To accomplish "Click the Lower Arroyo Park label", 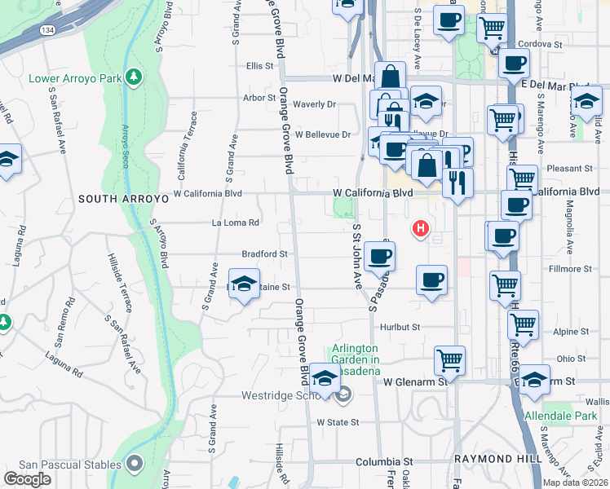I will point(75,79).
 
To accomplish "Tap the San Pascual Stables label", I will point(63,465).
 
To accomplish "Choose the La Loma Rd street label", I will point(236,222).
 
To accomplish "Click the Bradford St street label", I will point(264,254).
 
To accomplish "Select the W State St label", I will point(338,421).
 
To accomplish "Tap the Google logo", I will point(27,479).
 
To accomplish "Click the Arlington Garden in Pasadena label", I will point(356,359).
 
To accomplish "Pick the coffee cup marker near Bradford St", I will point(378,258).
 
